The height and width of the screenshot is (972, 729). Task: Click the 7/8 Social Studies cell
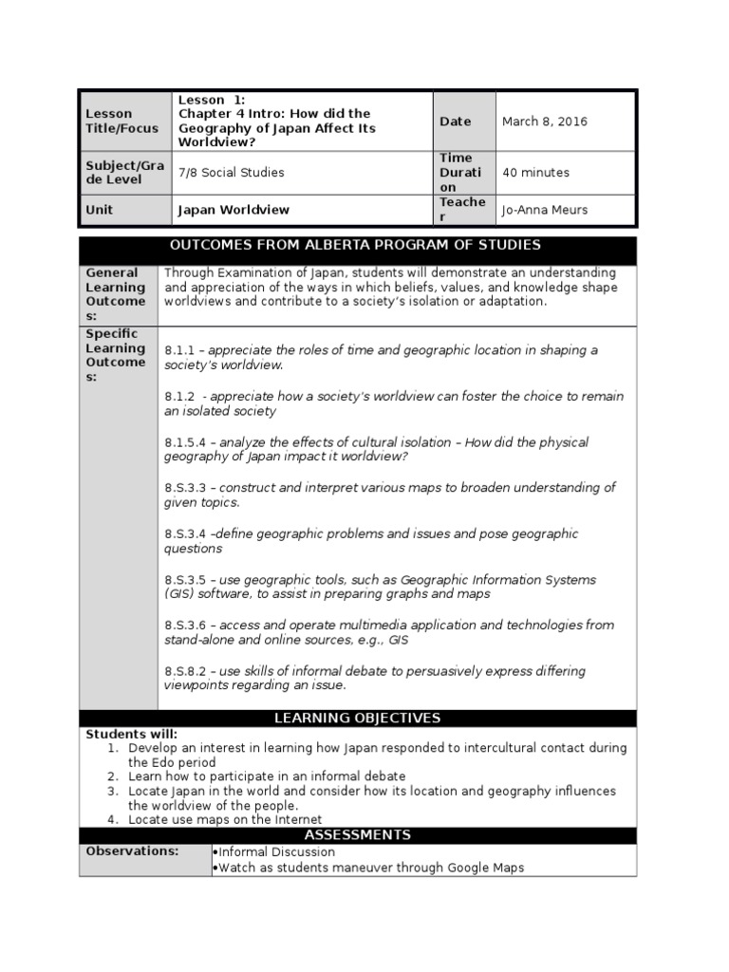tap(231, 173)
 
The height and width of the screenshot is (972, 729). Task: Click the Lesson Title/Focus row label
tap(109, 121)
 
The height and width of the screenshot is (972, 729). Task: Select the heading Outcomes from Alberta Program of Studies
tap(355, 246)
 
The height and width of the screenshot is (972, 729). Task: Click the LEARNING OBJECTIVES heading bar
tap(357, 719)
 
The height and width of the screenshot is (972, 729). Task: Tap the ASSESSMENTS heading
tap(357, 835)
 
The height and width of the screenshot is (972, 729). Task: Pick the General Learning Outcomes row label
tap(116, 294)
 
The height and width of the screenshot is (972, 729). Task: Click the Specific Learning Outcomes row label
tap(116, 355)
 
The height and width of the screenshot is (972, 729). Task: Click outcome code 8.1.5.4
tap(186, 442)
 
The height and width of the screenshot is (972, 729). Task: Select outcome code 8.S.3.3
tap(186, 488)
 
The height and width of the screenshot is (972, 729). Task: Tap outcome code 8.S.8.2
tap(186, 671)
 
